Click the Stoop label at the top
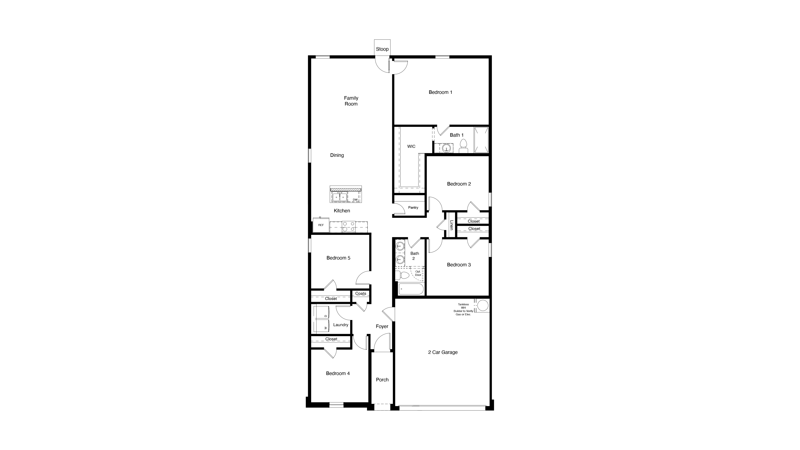tap(382, 49)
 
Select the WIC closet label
tap(411, 146)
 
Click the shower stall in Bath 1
tap(481, 140)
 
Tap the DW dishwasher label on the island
tap(355, 200)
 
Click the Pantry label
tap(413, 207)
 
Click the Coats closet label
tap(360, 293)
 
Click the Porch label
tap(382, 379)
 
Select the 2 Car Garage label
tap(442, 352)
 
